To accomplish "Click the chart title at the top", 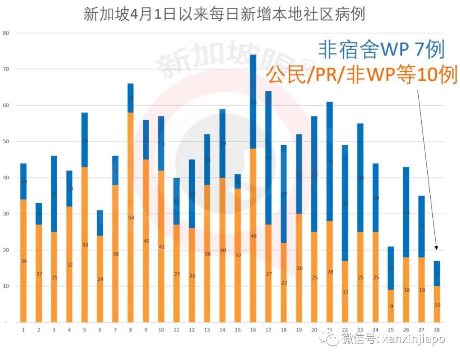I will [x=224, y=14].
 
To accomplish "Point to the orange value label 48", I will [x=253, y=236].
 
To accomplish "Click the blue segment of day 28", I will [x=437, y=274].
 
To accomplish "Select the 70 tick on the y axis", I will [x=6, y=69].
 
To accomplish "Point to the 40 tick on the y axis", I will [x=6, y=178].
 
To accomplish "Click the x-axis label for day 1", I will [x=23, y=330].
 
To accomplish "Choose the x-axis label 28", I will [x=437, y=330].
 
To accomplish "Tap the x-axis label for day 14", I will [x=222, y=330].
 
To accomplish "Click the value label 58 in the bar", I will [x=130, y=217].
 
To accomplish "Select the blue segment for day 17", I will [x=268, y=158].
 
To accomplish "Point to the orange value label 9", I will [x=391, y=306].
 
